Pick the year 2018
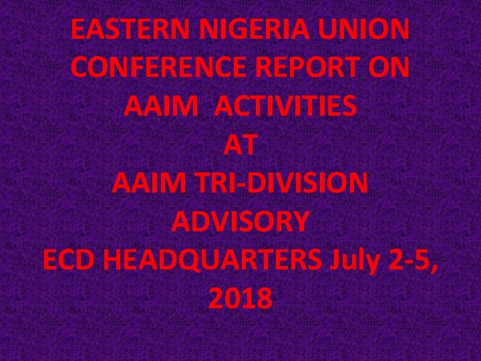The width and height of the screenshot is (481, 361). (240, 299)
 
